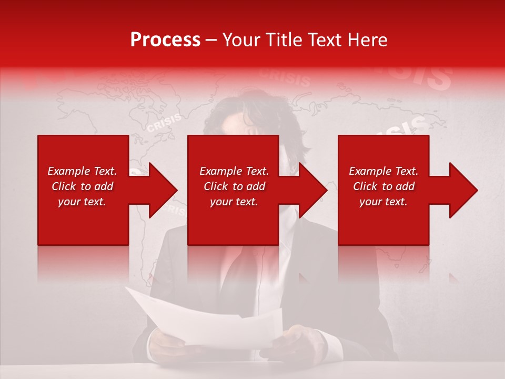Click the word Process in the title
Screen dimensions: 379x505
pos(165,40)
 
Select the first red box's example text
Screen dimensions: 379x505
pos(83,186)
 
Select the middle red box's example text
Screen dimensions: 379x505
pos(234,186)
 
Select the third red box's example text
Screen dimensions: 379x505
pos(383,186)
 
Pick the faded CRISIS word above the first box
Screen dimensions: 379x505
pos(164,123)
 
